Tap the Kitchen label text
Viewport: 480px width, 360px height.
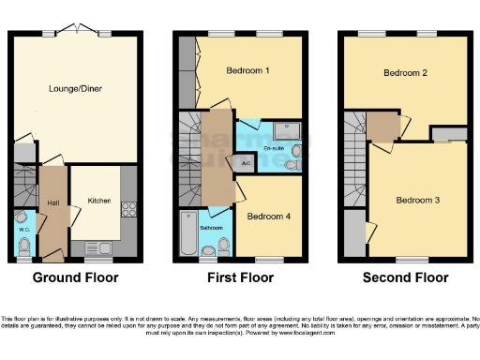tap(99, 201)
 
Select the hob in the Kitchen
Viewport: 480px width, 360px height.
tap(130, 210)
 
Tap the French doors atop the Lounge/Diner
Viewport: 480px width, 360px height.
tap(75, 32)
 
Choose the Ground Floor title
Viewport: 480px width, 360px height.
tap(74, 278)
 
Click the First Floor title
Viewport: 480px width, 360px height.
tap(240, 278)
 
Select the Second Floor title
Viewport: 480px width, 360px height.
tap(406, 278)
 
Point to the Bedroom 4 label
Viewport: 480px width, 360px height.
tap(269, 217)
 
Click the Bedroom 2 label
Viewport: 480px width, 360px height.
tap(406, 72)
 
